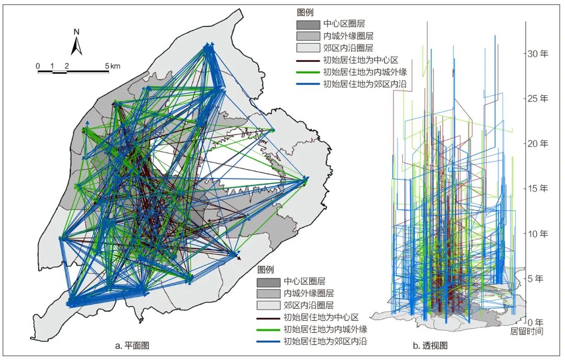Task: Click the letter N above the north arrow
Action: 76,31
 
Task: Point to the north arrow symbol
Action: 76,46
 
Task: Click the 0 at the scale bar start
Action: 38,66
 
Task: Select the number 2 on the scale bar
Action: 67,66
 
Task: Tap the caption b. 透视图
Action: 431,346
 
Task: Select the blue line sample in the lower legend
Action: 267,342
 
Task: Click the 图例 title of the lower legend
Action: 266,269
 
